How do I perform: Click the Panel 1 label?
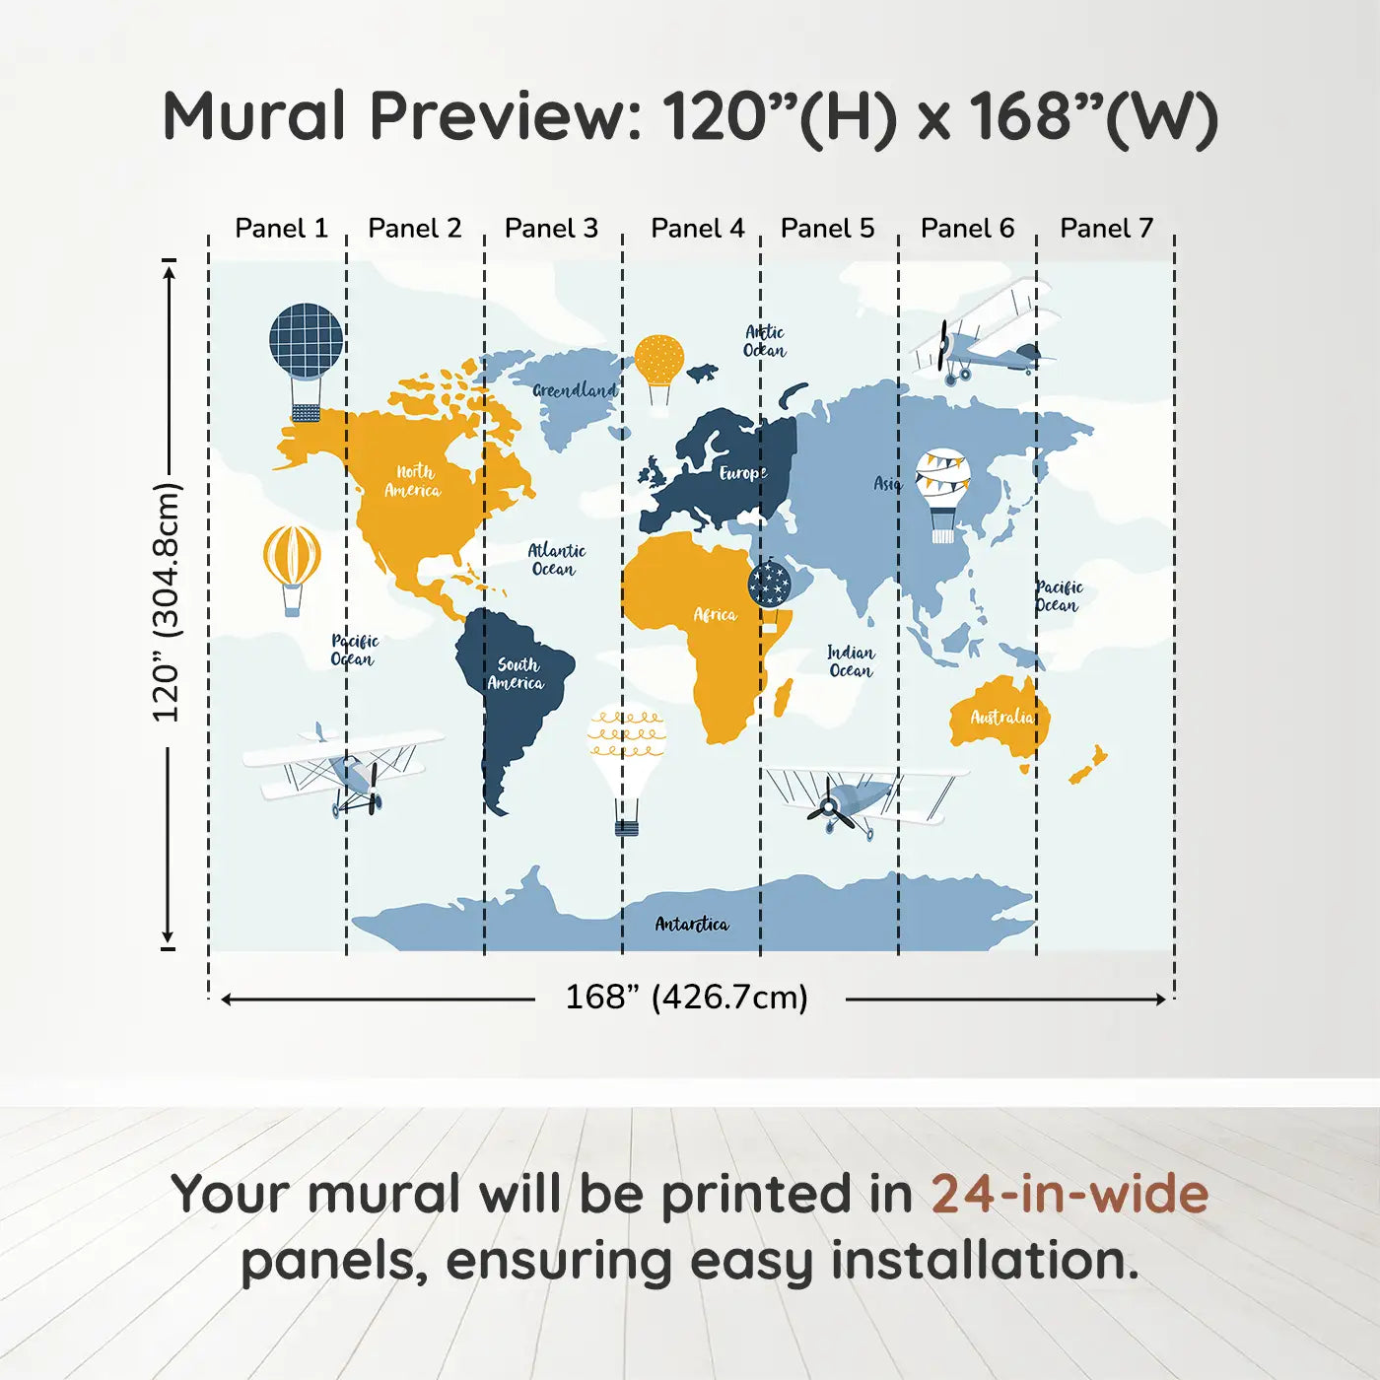coord(282,229)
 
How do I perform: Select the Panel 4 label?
coord(698,229)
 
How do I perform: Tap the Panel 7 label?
coord(1106,229)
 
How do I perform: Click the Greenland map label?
coord(575,390)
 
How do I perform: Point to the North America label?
coord(413,480)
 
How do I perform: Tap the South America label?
coord(517,674)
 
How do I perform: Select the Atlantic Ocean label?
coord(557,559)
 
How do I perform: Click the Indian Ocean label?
coord(851,661)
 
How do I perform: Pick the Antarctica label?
coord(692,925)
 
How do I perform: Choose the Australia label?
coord(1001,717)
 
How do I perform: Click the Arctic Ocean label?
coord(765,341)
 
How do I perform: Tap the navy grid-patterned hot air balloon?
coord(307,363)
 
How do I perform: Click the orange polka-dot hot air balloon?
coord(658,370)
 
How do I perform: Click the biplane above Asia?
coord(985,334)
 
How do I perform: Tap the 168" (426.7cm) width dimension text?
coord(687,998)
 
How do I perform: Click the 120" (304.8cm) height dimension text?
coord(167,602)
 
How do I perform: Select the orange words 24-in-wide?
coord(1070,1194)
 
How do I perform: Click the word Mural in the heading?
coord(254,116)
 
